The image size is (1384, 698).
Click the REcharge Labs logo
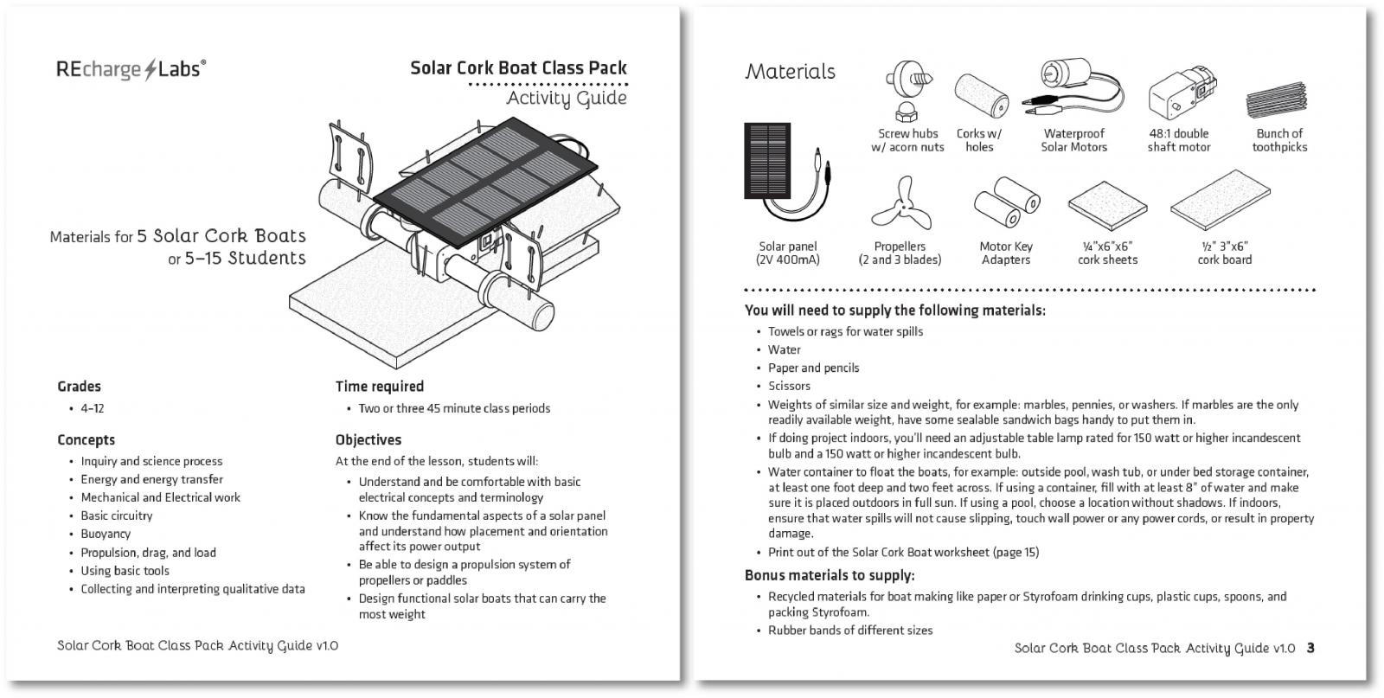pos(131,69)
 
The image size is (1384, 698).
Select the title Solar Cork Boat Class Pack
pos(518,68)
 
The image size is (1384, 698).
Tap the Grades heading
pos(79,387)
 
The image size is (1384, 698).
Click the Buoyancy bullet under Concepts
pos(106,534)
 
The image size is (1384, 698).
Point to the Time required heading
pos(380,387)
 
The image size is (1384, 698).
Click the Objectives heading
pos(368,439)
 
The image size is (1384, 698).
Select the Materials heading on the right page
pos(791,72)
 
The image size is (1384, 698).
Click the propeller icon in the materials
pos(901,204)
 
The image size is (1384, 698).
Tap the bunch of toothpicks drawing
pos(1277,100)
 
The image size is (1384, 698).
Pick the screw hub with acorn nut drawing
pos(907,90)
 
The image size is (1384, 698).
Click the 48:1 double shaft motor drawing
pos(1182,93)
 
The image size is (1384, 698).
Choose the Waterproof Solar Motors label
pos(1073,140)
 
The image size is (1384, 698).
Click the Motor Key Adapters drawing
pos(1007,202)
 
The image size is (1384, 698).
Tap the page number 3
pos(1310,648)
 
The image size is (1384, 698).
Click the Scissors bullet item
pos(789,386)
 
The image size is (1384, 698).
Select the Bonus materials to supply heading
pos(830,576)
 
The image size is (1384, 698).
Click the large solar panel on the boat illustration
pos(485,183)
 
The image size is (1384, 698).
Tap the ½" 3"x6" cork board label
pos(1225,253)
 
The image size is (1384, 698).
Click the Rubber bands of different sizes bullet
pos(850,631)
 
